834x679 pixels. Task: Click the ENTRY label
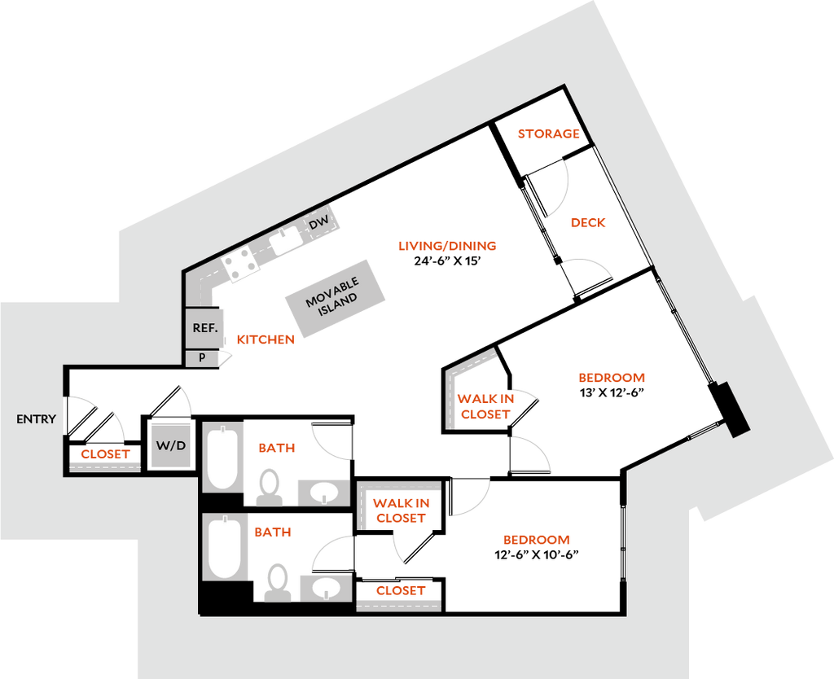click(x=37, y=419)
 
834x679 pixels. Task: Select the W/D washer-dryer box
click(x=171, y=445)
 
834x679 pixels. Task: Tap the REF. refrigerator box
click(x=204, y=328)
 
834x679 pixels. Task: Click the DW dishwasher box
click(x=318, y=223)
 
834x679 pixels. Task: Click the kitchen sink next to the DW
click(x=286, y=239)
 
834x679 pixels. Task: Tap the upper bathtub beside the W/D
click(x=222, y=457)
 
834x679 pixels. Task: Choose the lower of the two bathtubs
click(x=222, y=546)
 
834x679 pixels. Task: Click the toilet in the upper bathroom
click(x=267, y=487)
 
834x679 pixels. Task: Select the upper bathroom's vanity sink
click(x=323, y=492)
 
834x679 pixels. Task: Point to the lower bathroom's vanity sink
click(x=327, y=586)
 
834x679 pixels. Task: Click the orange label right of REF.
click(x=265, y=340)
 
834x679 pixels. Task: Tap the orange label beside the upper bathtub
click(x=276, y=448)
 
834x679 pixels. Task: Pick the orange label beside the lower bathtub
click(x=272, y=532)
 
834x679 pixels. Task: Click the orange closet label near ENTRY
click(x=105, y=453)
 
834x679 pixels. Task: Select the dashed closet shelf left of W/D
click(x=105, y=467)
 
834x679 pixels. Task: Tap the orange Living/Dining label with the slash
click(x=446, y=245)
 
